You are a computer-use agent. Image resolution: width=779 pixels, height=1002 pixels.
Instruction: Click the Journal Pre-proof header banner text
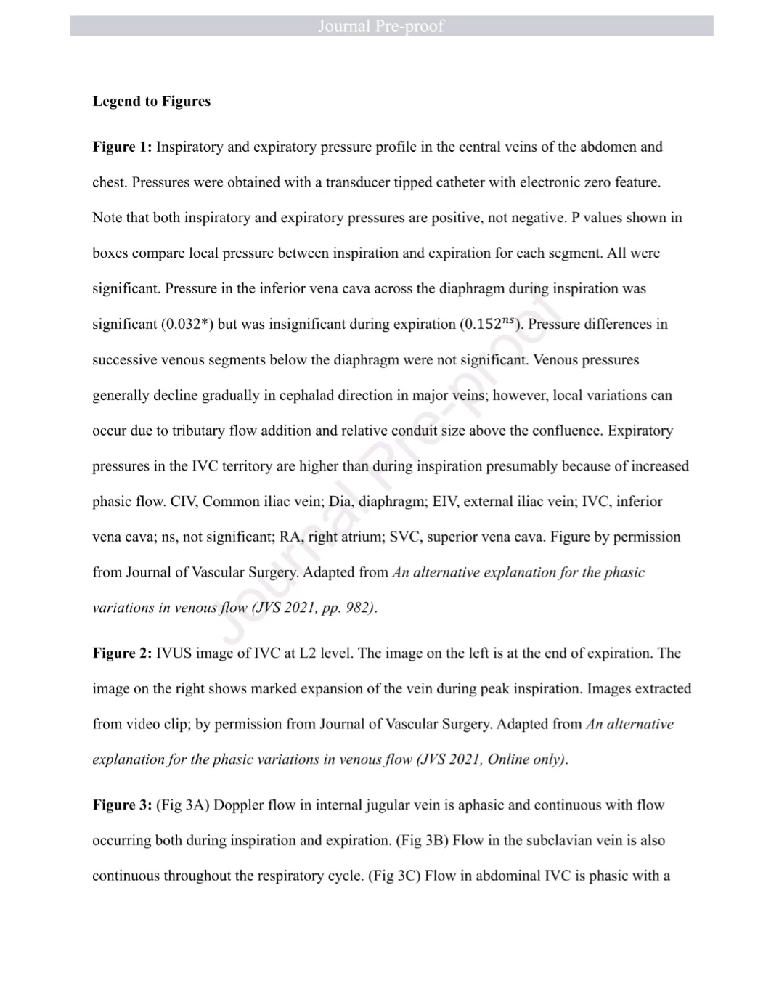coord(380,26)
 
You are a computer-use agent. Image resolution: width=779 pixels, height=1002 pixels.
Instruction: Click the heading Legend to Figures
coord(151,102)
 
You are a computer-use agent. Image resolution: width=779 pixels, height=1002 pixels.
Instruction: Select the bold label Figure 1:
coord(122,147)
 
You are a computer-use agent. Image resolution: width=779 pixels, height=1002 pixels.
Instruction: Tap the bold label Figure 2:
coord(122,653)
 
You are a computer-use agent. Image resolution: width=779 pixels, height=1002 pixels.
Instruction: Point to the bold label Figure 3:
coord(122,805)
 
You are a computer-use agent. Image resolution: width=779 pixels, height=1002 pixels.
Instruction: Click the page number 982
coord(359,608)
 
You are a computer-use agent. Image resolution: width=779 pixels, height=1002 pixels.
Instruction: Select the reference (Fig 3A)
coord(183,805)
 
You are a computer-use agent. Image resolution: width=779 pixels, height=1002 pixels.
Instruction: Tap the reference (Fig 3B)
coord(422,841)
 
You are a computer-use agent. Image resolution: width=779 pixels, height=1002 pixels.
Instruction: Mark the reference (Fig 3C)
coord(394,876)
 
